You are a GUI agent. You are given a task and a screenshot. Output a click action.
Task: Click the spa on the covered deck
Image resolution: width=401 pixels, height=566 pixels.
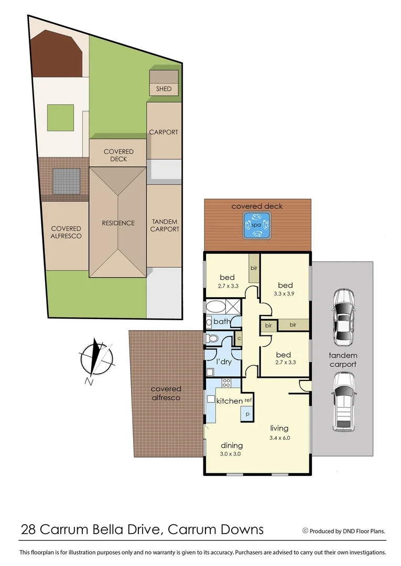click(256, 225)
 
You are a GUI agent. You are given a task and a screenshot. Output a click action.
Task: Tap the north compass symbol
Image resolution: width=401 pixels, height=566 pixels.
click(96, 360)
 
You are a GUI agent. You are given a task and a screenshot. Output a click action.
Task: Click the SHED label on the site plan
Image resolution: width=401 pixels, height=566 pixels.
click(164, 89)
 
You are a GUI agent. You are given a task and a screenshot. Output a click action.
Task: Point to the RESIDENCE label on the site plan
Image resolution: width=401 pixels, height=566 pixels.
click(118, 223)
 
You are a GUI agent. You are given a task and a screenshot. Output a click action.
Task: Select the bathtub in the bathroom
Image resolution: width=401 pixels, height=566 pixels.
click(215, 306)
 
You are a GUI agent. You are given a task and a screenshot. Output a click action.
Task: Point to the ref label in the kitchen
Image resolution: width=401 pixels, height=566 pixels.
click(248, 400)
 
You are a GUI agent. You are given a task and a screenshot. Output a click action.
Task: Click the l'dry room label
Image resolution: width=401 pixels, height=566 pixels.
click(225, 361)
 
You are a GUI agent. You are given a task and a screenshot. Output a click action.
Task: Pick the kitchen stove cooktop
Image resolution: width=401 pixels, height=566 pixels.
click(227, 382)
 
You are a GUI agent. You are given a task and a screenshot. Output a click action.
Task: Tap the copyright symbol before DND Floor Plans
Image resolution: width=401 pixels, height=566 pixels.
click(305, 531)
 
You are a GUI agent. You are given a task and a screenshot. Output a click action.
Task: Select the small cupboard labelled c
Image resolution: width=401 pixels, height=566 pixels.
click(239, 338)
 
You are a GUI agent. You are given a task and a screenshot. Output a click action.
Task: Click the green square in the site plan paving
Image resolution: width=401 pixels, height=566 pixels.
click(60, 118)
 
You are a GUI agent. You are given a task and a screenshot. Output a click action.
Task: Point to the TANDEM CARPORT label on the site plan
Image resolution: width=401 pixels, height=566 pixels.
click(165, 225)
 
